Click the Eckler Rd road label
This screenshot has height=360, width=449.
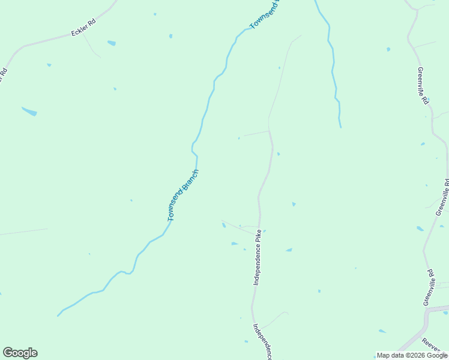point(83,28)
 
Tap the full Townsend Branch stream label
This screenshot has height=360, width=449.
point(182,195)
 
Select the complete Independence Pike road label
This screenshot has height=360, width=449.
point(257,257)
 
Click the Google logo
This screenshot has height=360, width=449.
point(20,353)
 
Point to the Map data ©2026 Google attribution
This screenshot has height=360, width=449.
point(412,355)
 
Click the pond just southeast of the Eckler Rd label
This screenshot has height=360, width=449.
point(111,43)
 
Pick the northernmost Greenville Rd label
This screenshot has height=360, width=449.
point(423,86)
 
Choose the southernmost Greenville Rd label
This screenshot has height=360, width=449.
point(430,287)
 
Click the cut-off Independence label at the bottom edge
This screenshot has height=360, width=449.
point(263,342)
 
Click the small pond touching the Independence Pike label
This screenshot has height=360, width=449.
point(264,230)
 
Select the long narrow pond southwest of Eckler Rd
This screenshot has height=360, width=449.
point(29,111)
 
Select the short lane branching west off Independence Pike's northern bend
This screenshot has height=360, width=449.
point(255,133)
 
